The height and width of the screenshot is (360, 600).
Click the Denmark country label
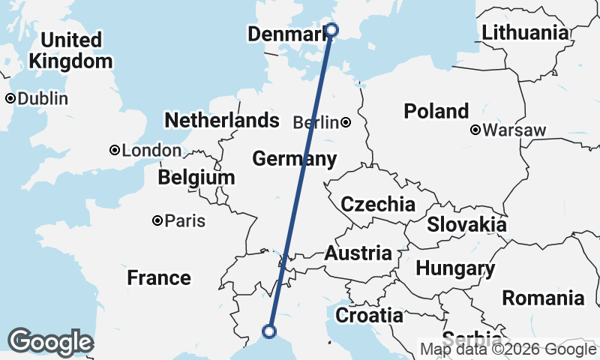tap(287, 34)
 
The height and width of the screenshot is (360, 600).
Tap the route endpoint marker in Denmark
tap(332, 30)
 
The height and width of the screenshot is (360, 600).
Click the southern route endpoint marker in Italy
tap(269, 331)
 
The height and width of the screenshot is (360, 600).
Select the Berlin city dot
tap(346, 122)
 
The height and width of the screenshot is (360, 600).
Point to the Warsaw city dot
tap(475, 130)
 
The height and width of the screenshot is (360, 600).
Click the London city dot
tap(115, 150)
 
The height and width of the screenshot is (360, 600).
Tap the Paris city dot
tap(157, 220)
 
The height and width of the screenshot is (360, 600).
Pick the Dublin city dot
tap(10, 98)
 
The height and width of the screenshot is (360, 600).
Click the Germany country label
tap(294, 159)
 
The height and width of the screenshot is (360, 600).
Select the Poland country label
tap(436, 112)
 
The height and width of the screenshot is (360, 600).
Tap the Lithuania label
tap(525, 32)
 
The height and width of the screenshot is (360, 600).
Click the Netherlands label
tap(221, 120)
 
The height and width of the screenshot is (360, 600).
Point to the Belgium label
tap(196, 178)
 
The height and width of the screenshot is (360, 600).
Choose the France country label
tap(158, 278)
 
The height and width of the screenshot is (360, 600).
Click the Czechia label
tap(377, 204)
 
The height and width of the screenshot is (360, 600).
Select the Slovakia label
tap(466, 224)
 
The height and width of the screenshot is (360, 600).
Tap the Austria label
tap(358, 253)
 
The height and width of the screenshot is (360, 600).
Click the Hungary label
tap(454, 268)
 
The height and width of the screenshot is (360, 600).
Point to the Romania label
tap(543, 298)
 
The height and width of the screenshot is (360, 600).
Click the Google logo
tap(50, 342)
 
